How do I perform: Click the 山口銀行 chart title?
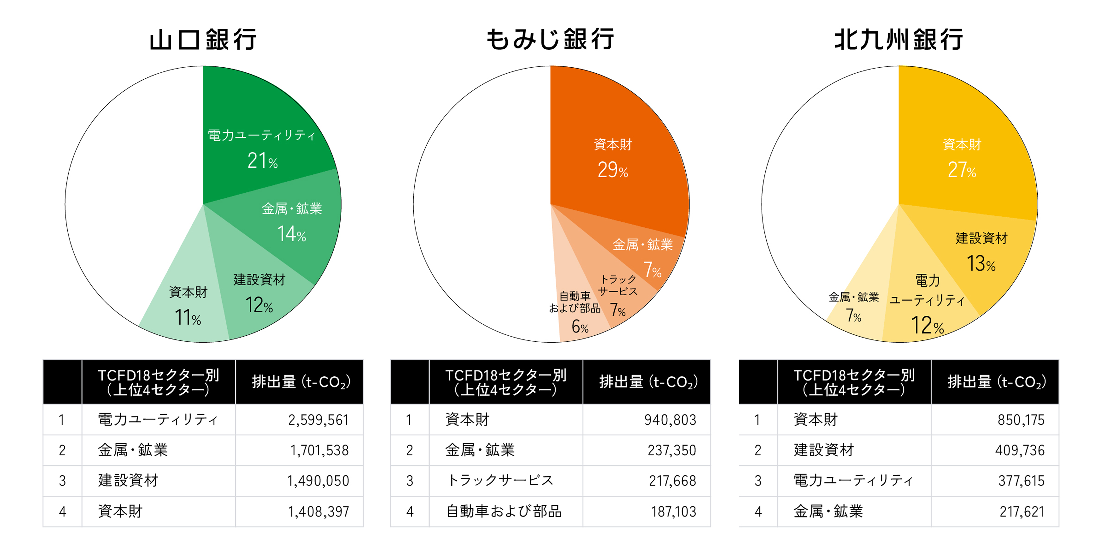tap(203, 40)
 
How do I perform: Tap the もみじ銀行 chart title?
tap(550, 40)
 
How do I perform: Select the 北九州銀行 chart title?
tap(899, 40)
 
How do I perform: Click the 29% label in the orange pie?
tap(613, 170)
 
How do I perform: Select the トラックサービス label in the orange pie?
tap(618, 286)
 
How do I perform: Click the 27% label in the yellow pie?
tap(962, 170)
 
